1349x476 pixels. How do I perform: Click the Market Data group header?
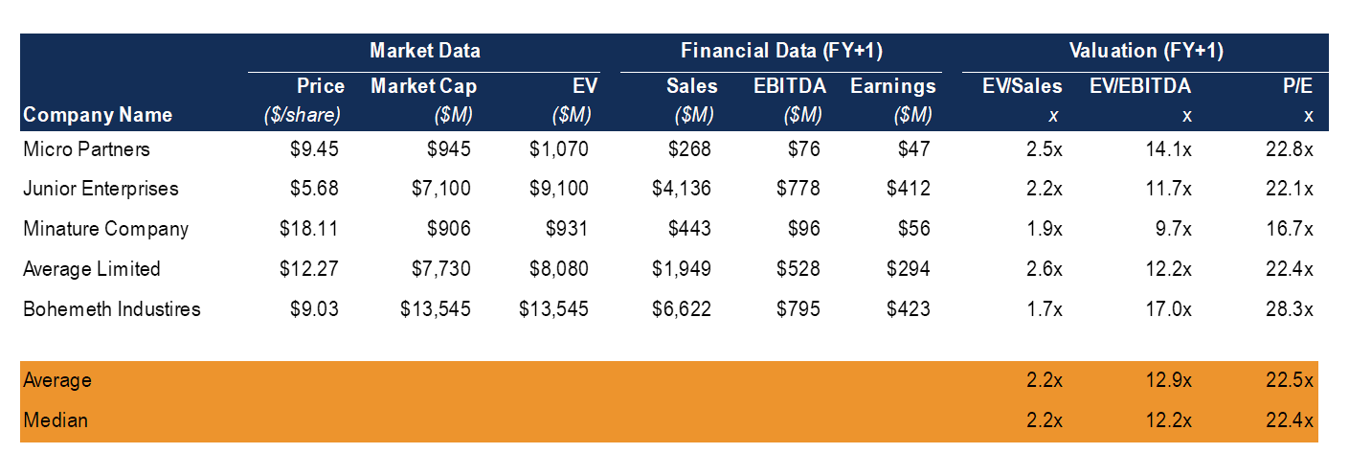coord(424,51)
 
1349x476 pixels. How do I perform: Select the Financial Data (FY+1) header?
coord(781,51)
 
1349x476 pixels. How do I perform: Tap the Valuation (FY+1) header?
coord(1146,51)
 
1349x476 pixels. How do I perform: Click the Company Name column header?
coord(98,115)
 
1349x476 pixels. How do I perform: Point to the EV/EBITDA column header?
coord(1140,86)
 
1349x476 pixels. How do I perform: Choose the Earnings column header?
coord(892,86)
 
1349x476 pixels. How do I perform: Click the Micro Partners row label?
coord(86,149)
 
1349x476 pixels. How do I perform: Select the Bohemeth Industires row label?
coord(111,308)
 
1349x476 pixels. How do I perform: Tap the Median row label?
coord(55,420)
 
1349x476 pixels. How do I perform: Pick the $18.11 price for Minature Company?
coord(309,229)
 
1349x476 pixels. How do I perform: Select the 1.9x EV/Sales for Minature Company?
coord(1042,229)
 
